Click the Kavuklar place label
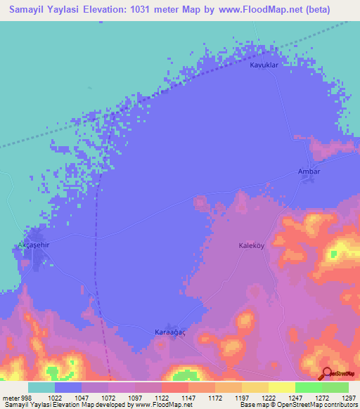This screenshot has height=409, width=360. (265, 65)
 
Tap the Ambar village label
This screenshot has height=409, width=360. (309, 171)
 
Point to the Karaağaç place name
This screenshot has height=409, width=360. (169, 332)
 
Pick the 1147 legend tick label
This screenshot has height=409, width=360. (189, 397)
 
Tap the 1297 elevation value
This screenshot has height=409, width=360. (349, 397)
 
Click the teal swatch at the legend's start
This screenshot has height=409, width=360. (41, 387)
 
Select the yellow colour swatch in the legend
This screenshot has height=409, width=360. (281, 387)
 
